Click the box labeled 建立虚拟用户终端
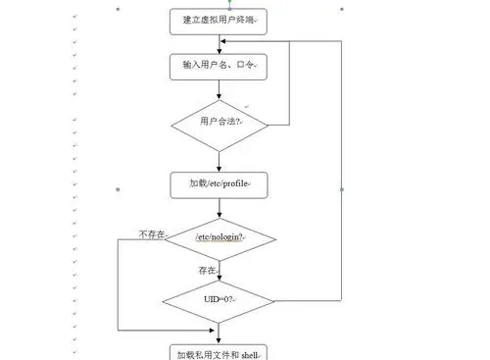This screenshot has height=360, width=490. [x=218, y=20]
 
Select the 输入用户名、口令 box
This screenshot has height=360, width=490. [x=218, y=66]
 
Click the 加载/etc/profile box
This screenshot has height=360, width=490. [x=218, y=184]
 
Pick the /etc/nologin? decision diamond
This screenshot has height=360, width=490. [x=218, y=238]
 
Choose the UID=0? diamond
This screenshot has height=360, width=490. [x=218, y=297]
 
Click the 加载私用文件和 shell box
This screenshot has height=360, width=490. [x=218, y=351]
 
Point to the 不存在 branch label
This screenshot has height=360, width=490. [x=153, y=235]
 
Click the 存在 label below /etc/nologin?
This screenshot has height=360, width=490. [x=207, y=269]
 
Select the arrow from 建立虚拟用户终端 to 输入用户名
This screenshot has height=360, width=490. [x=219, y=43]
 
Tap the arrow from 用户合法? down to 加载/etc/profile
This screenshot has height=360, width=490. [x=219, y=160]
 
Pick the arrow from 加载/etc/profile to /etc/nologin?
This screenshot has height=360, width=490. [x=219, y=208]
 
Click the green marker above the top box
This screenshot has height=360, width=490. [x=229, y=2]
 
